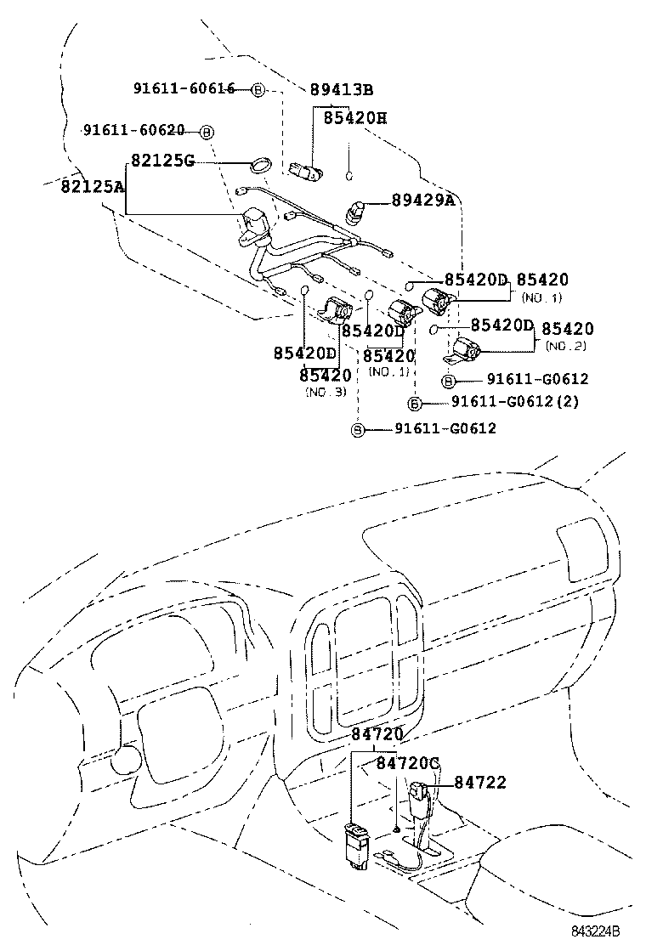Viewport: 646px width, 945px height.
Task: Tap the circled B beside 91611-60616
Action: coord(258,90)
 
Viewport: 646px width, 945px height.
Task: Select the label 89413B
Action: coord(342,89)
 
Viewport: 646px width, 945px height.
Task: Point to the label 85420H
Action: coord(354,118)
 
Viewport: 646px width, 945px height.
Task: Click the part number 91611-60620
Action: coord(133,130)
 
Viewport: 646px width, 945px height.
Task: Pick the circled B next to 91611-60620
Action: coord(207,132)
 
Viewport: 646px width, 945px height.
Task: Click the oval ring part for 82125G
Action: coord(261,163)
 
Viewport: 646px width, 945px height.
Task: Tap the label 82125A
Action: coord(92,186)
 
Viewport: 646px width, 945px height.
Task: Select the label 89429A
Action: coord(423,200)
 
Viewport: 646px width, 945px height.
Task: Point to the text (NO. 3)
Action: coord(326,392)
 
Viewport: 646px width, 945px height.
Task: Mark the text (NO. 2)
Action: coord(566,346)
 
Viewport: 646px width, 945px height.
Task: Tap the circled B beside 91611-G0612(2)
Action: coord(415,403)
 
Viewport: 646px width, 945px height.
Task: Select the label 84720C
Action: coord(407,764)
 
